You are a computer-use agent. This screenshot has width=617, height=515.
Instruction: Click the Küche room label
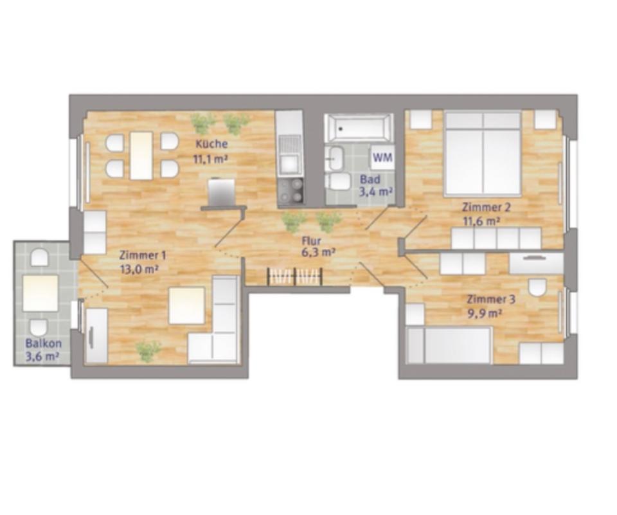point(211,144)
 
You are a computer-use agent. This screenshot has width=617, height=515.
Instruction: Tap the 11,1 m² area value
point(211,158)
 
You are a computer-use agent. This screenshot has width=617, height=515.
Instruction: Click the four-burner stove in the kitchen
point(291,191)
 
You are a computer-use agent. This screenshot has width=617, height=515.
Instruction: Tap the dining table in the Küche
point(141,156)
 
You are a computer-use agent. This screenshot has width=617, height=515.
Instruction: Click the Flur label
point(311,241)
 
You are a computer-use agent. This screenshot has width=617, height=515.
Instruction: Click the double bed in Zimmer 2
point(483,153)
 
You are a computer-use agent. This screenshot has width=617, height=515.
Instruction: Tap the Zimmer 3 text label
point(491,299)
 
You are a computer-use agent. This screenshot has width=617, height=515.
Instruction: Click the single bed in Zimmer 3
point(449,345)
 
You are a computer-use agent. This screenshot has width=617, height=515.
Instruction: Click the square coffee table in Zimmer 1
point(187,305)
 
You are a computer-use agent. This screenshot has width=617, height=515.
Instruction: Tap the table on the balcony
point(40,293)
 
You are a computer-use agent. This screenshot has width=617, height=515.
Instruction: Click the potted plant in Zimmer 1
point(148,350)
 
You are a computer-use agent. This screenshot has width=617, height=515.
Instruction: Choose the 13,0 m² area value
point(139,269)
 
